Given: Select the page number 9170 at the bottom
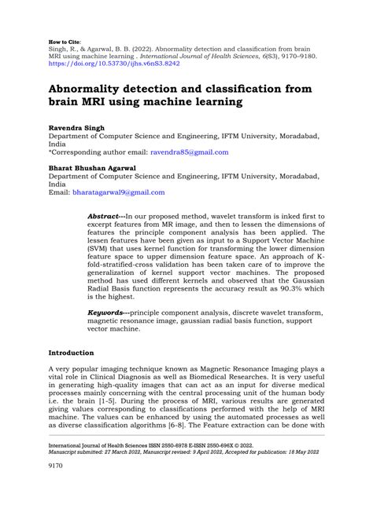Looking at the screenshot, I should (59, 475).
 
